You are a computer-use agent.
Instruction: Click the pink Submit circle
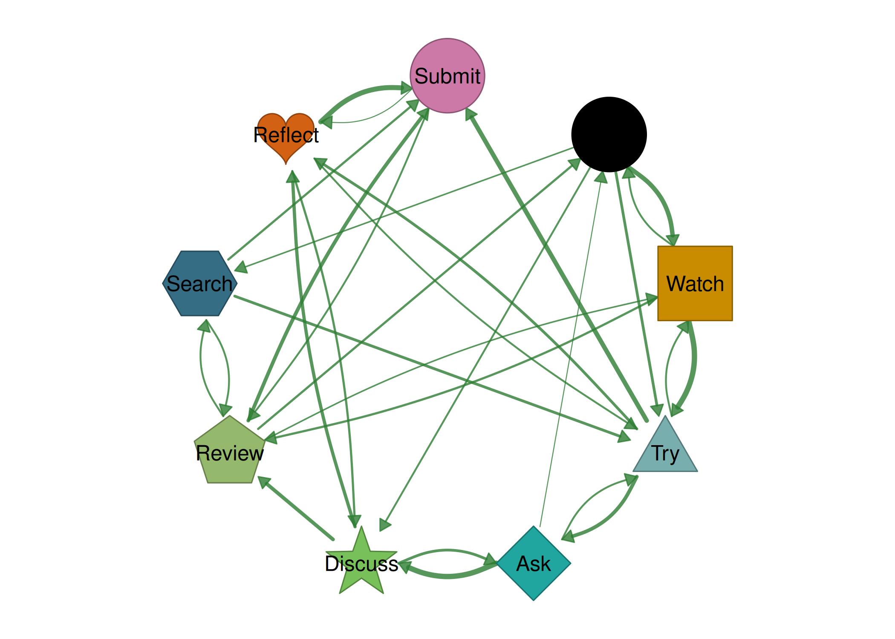coord(447,76)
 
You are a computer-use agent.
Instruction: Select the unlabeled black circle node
coord(609,134)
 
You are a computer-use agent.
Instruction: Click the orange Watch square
coord(695,283)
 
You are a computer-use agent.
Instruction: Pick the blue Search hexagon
coord(199,283)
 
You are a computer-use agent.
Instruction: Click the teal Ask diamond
coord(534,563)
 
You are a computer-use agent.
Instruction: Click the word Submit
coord(447,76)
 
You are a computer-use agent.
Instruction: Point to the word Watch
coord(695,284)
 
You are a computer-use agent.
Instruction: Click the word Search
coord(199,284)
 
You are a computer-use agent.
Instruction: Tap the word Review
coord(229,453)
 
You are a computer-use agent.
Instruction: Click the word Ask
coord(534,564)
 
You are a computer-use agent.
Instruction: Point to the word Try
coord(665,453)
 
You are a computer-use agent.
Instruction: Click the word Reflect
coord(286,135)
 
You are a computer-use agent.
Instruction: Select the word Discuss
coord(361,564)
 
